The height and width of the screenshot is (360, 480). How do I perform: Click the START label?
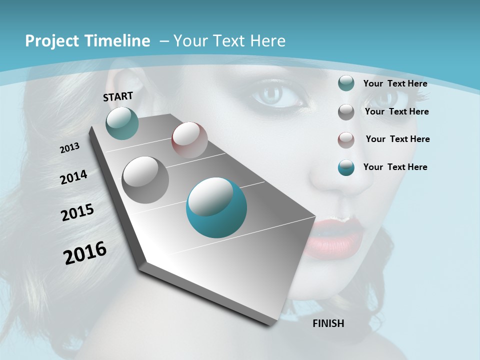point(118,96)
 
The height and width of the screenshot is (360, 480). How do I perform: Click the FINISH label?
point(328,323)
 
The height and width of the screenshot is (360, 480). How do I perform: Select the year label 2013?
point(69,148)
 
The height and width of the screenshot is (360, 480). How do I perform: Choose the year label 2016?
point(85,253)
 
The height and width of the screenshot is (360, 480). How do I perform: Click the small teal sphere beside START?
point(122,123)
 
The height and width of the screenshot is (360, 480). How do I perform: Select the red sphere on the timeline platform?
point(189,140)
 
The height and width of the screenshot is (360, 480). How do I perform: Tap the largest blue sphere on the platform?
point(216,207)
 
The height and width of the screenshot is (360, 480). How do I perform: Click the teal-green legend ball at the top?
point(346,83)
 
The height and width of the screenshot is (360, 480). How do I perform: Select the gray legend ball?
point(346,112)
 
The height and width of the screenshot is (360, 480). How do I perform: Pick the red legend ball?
point(346,140)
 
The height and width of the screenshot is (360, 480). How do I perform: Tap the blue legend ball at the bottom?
point(346,167)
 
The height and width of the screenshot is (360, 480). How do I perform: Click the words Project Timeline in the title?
point(87,41)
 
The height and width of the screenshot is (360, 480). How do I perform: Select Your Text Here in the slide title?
point(229,41)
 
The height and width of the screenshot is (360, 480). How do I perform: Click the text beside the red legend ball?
point(397,139)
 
